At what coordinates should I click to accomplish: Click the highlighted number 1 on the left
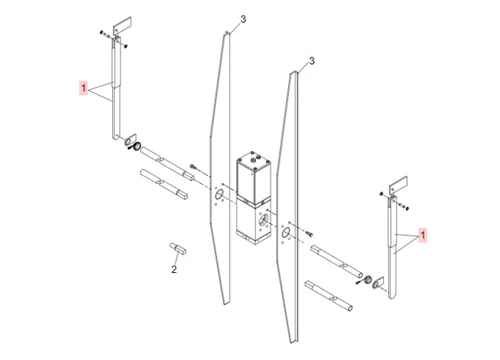pos(84,88)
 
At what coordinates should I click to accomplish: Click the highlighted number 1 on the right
pos(422,235)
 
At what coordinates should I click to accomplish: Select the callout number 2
pos(174,269)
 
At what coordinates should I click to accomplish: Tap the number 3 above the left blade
pos(244,19)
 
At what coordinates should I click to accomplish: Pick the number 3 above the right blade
pos(311,60)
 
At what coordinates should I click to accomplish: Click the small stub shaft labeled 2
pos(178,248)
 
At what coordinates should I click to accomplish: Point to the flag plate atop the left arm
pos(122,25)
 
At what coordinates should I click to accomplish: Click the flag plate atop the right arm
pos(398,184)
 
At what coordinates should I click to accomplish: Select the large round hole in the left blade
pos(219,194)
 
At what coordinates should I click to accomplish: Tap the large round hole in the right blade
pos(285,233)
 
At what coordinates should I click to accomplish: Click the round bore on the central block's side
pos(264,220)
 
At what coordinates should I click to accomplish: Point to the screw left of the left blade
pos(192,166)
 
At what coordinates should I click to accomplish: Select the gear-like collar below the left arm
pos(137,147)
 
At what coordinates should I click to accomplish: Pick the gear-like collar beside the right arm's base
pos(367,279)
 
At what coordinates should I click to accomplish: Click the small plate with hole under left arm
pos(130,140)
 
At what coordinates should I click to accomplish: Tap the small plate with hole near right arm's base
pos(378,282)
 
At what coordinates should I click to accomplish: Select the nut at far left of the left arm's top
pos(102,32)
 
